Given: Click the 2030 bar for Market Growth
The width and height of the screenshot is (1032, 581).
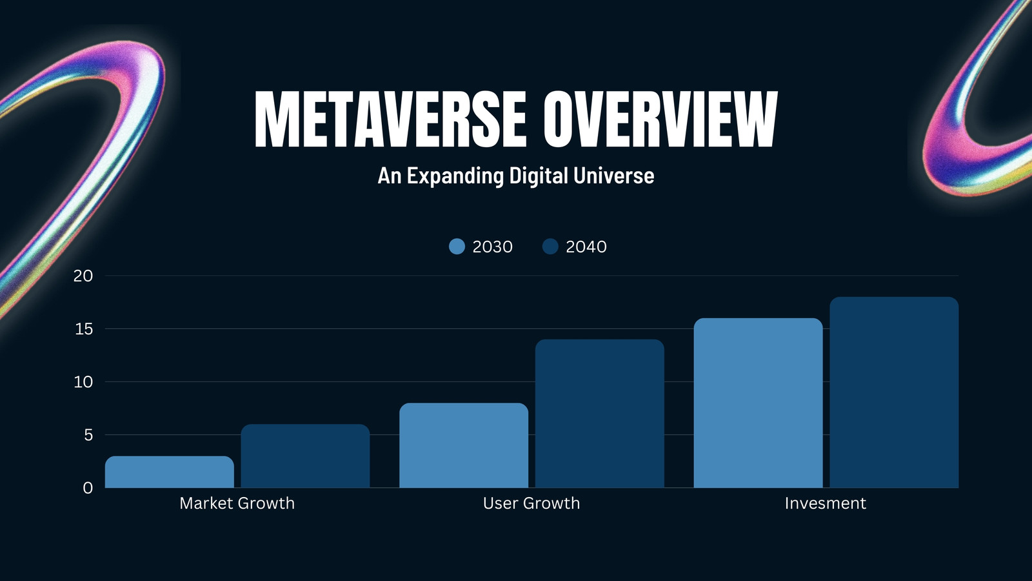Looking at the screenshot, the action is [170, 472].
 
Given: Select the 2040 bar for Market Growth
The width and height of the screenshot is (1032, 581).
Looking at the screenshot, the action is [306, 456].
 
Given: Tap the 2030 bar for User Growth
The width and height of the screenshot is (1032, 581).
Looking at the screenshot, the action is [464, 445].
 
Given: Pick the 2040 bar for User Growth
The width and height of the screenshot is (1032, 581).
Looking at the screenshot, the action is [600, 414].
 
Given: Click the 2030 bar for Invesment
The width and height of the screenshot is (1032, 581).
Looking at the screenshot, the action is [759, 403].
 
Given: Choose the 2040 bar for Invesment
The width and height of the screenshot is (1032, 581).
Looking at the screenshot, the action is [894, 392].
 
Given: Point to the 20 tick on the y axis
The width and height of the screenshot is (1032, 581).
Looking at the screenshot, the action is [83, 276].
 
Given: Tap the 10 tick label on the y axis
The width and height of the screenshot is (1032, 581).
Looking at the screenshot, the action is [83, 382].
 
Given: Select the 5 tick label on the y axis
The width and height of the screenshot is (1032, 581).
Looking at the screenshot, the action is [88, 435].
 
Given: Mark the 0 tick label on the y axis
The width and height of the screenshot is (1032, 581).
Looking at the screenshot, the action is [88, 488].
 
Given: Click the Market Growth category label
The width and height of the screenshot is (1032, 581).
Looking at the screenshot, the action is [237, 503].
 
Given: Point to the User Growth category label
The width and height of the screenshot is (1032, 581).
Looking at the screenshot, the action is [531, 503].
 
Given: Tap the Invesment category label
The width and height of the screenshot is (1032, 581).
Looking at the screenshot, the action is [826, 503].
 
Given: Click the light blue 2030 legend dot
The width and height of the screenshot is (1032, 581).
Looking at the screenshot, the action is [457, 247].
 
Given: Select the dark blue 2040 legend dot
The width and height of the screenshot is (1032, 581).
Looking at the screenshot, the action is [551, 247].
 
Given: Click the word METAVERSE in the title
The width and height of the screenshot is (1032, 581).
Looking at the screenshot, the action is [390, 119].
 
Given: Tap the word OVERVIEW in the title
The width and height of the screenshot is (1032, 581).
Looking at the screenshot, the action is [660, 119].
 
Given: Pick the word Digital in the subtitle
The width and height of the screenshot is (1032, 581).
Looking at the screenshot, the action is [539, 176].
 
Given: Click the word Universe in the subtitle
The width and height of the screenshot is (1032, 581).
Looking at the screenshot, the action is [614, 175].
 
